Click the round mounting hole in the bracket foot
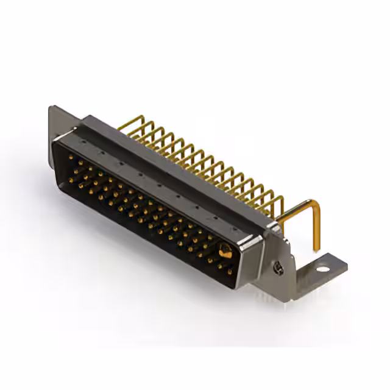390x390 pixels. (322, 268)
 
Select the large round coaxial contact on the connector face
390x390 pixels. (225, 250)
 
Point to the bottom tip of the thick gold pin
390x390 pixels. (317, 249)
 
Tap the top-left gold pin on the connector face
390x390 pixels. (71, 158)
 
